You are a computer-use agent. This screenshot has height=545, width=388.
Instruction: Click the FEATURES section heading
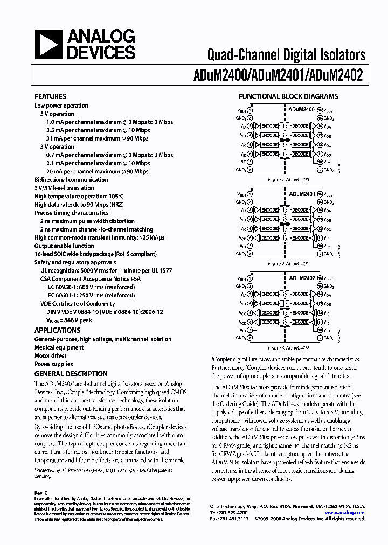click(50, 97)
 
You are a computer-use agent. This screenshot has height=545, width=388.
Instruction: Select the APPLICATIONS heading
click(57, 330)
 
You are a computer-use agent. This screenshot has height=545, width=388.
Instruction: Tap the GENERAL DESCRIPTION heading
click(71, 374)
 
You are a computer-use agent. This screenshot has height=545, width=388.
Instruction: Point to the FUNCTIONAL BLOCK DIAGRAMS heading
click(288, 97)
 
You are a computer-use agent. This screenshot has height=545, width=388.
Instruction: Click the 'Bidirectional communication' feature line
click(71, 180)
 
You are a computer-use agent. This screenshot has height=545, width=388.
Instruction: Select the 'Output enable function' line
click(64, 246)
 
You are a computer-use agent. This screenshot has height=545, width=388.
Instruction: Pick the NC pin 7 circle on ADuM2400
click(250, 162)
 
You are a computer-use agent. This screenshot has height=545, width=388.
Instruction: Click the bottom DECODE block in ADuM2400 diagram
click(300, 154)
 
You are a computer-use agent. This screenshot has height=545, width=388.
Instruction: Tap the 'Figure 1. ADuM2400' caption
click(288, 180)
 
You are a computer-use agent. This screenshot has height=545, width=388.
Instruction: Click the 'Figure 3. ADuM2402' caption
click(288, 348)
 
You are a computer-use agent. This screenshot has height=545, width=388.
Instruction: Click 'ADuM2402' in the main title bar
click(339, 76)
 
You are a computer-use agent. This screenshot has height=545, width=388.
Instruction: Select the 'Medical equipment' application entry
click(59, 347)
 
